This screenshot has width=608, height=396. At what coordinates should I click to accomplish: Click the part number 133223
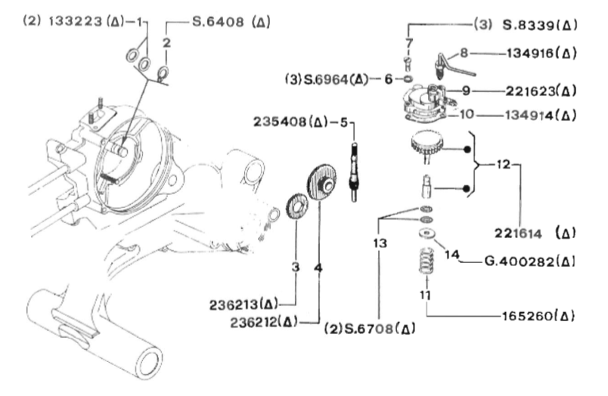click(75, 21)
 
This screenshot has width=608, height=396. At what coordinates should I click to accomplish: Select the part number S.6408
click(219, 21)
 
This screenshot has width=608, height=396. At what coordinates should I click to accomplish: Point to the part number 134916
click(530, 53)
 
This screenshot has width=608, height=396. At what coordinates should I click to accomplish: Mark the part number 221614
click(518, 234)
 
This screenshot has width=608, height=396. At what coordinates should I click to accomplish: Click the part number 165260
click(527, 316)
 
